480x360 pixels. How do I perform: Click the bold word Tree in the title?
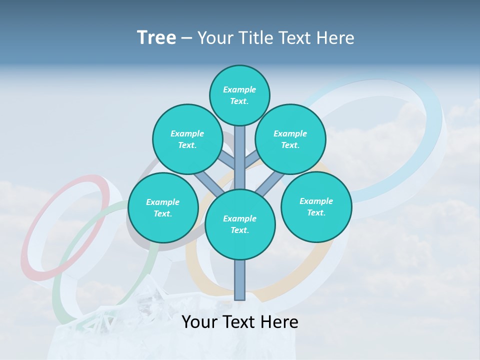pos(156,38)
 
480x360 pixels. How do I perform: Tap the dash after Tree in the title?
pos(186,38)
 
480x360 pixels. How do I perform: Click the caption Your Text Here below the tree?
pos(240,322)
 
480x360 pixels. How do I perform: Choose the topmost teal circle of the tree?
pos(239,95)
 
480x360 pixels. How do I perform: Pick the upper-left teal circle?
pos(187,139)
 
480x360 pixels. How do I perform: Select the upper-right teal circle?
pos(290,139)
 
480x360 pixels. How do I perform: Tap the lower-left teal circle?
pos(163,207)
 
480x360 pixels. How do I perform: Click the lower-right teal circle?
pos(316,206)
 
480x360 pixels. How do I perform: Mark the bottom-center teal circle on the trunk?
pos(240,224)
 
